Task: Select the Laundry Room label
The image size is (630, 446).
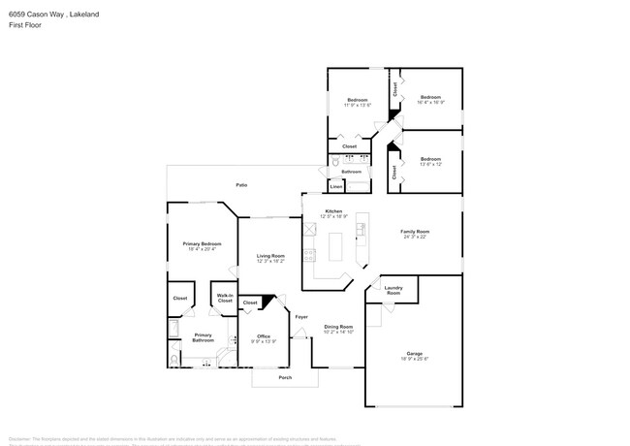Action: (x=394, y=290)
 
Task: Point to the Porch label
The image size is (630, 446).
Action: (x=285, y=377)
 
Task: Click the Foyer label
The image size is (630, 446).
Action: (x=301, y=317)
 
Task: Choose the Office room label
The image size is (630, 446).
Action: (x=264, y=335)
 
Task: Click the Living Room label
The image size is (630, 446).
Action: (x=270, y=256)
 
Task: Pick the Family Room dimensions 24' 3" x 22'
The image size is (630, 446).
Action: (x=416, y=238)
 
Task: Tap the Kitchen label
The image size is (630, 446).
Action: (x=333, y=211)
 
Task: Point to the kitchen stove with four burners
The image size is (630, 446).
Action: (x=310, y=256)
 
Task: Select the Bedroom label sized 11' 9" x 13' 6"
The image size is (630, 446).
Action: (x=358, y=100)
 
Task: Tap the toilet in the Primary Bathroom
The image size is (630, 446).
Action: (x=173, y=360)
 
